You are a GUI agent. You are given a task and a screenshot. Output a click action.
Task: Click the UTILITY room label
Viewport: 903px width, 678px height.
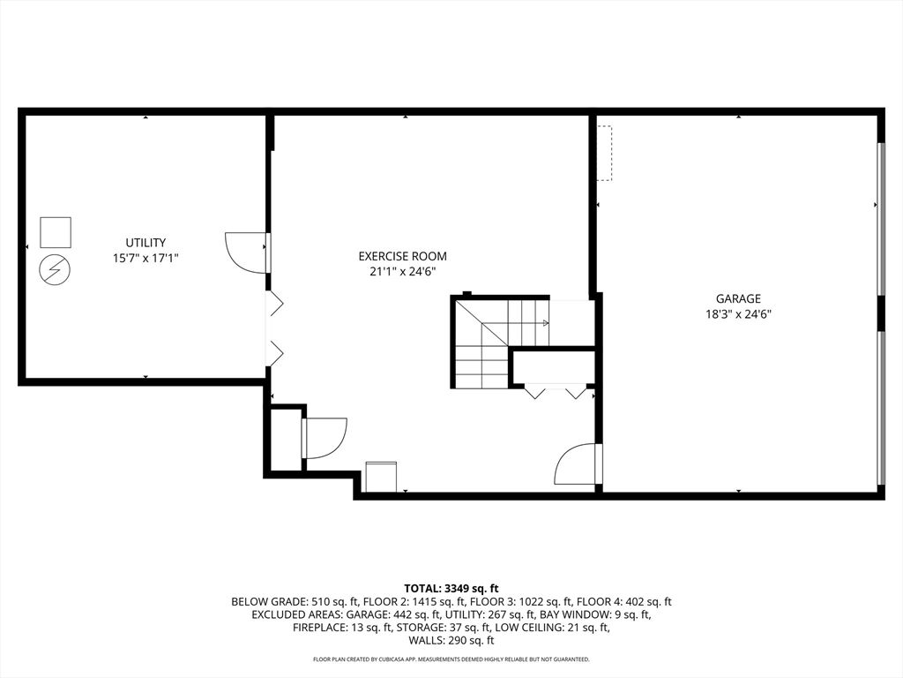(146, 242)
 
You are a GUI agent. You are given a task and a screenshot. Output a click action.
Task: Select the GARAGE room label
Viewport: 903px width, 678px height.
(738, 298)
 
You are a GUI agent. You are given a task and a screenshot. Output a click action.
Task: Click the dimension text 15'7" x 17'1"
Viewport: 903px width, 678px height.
(146, 258)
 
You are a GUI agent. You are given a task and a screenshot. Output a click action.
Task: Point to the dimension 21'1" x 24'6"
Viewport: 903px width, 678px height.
(402, 272)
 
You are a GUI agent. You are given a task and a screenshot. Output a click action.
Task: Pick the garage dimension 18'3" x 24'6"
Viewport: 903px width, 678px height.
(738, 313)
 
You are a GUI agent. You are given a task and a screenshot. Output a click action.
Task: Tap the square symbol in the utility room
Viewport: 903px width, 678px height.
(56, 231)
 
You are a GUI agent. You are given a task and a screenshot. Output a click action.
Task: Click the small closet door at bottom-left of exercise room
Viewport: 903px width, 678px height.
(325, 438)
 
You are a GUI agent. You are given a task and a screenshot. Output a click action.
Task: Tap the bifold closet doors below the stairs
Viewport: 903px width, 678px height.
(556, 390)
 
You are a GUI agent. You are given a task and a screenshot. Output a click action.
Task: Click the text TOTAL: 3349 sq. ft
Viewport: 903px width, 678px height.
(451, 588)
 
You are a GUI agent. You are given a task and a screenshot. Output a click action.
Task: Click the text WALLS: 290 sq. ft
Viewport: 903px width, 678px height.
(451, 641)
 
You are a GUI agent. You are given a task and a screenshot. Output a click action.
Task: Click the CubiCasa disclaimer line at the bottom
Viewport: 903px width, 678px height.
(451, 659)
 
